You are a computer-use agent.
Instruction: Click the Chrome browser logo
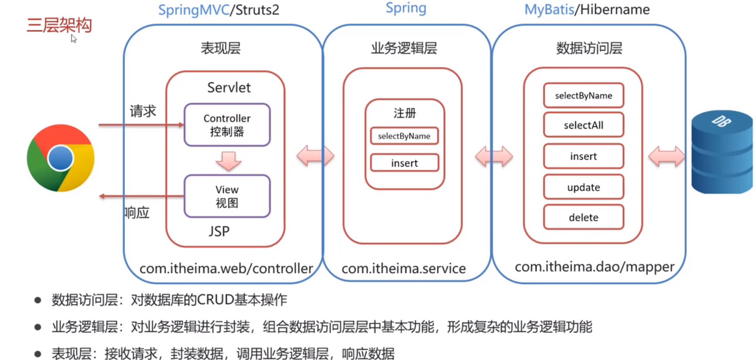tap(60, 158)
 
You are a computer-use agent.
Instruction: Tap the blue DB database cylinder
tap(721, 152)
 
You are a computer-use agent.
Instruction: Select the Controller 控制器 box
tap(227, 125)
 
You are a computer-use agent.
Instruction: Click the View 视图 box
tap(227, 196)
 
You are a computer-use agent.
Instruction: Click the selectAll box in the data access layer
tap(583, 125)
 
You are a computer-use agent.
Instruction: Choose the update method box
tap(583, 187)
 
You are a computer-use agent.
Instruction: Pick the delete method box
tap(583, 217)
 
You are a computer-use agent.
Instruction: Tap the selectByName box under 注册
tap(404, 136)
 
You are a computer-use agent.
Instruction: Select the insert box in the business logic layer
tap(404, 163)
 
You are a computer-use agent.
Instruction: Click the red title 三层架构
tap(59, 25)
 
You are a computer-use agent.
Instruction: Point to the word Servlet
tap(229, 87)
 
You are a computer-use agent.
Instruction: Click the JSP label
tap(219, 231)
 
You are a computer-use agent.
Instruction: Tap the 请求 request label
tap(143, 111)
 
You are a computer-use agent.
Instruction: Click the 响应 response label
tap(137, 212)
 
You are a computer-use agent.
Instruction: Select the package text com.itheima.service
tap(404, 268)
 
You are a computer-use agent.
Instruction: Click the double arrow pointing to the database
tap(666, 157)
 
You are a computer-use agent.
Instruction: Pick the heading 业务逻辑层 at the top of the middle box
tap(404, 48)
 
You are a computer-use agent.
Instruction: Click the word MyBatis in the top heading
tap(549, 10)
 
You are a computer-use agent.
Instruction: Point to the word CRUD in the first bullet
tap(215, 300)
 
